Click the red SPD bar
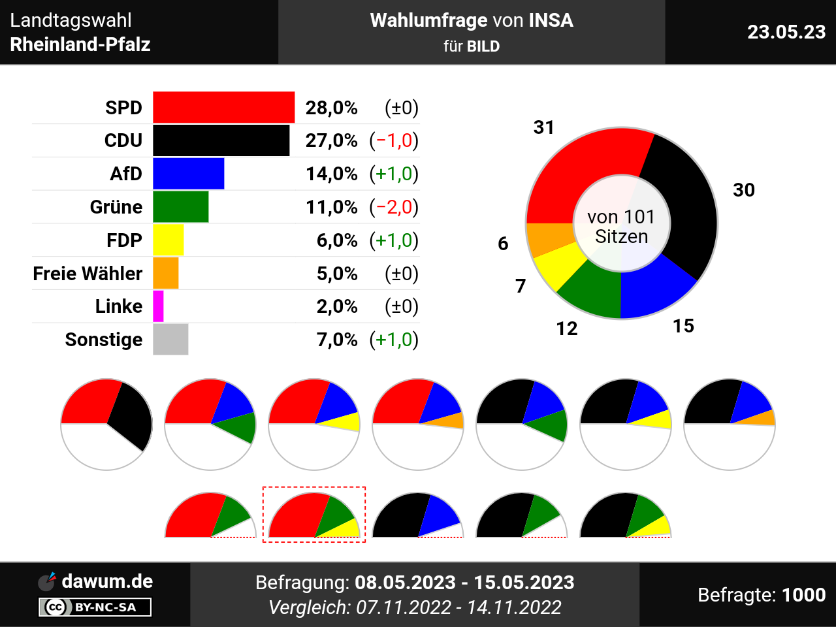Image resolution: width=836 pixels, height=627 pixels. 223,107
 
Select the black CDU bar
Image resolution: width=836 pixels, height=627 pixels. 221,140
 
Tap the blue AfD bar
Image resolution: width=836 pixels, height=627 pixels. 188,174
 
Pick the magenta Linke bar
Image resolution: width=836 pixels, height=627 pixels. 158,306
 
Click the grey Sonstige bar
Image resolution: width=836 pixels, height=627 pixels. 170,340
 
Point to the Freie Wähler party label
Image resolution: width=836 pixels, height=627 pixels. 88,273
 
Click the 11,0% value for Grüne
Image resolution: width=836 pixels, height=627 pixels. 332,207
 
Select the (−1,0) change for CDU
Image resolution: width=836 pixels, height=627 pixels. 394,140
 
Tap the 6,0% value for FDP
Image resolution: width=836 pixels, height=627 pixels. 337,240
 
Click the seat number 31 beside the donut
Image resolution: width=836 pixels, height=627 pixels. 544,127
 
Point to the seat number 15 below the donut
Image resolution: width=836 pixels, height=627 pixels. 683,326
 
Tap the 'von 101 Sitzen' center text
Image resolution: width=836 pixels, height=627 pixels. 621,226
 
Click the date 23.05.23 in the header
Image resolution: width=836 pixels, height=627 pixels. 786,32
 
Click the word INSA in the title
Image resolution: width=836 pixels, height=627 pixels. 551,20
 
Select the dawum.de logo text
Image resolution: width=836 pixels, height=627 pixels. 107,581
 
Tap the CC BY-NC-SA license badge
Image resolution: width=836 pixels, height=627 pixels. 95,607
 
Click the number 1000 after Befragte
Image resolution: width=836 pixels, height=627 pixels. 803,595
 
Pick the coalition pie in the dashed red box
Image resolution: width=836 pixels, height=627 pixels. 314,516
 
